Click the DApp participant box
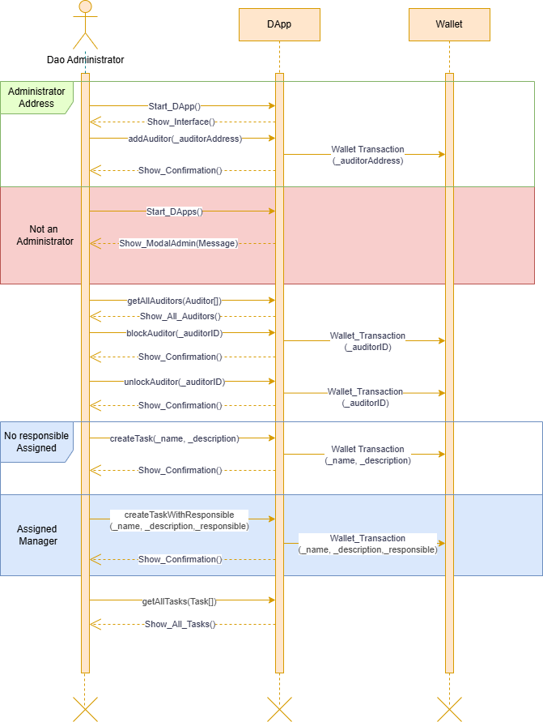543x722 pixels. point(279,24)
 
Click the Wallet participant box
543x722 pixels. point(449,24)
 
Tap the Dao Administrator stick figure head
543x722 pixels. point(86,6)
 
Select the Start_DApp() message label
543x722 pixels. point(174,106)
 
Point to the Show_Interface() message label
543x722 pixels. point(180,122)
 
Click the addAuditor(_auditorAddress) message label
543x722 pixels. point(185,139)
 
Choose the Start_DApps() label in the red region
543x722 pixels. point(174,211)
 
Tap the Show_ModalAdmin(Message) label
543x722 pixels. point(178,243)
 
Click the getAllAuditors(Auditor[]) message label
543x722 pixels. point(174,301)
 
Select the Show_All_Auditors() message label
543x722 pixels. point(180,316)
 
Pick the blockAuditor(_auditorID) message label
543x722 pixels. point(174,333)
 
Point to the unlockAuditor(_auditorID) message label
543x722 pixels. point(174,382)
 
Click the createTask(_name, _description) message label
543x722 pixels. point(174,438)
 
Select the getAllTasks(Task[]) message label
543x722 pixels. point(179,601)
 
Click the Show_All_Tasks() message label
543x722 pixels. point(180,625)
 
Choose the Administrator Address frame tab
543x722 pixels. point(36,97)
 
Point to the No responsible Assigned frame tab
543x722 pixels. point(36,442)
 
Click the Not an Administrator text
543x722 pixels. point(45,235)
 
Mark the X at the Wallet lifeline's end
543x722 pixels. point(449,709)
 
